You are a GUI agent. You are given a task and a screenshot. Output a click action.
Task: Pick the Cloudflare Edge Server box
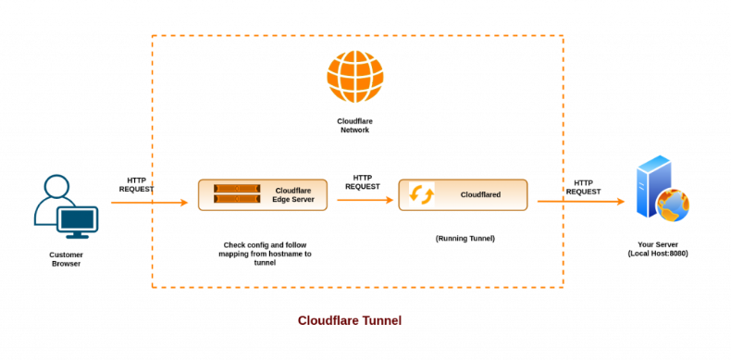click(263, 194)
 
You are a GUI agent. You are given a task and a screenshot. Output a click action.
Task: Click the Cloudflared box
click(463, 195)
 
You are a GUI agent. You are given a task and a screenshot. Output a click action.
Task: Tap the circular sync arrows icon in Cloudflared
click(423, 195)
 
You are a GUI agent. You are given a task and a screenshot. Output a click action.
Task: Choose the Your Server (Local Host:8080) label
click(658, 248)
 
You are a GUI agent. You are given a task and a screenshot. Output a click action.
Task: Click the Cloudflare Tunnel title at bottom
click(349, 321)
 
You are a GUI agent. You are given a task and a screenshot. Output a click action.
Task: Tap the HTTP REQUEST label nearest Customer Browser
click(136, 184)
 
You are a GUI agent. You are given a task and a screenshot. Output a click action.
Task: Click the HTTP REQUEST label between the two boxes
click(363, 181)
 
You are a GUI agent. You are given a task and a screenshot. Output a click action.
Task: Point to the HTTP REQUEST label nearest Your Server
click(583, 187)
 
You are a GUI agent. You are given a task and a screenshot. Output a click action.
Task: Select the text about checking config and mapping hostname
click(267, 253)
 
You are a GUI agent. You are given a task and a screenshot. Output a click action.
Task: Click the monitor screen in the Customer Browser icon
click(77, 220)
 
